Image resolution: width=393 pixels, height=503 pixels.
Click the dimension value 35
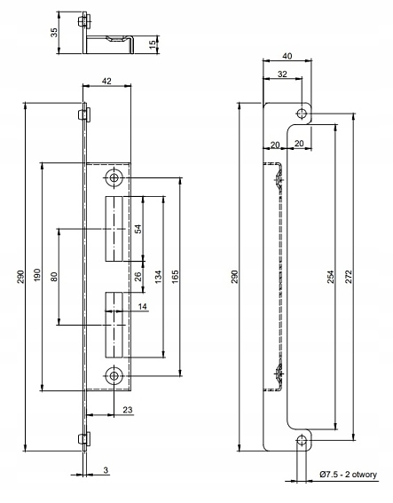click(54, 33)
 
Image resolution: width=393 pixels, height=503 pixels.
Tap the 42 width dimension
click(106, 81)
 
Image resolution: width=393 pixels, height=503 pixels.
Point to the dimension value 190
click(37, 276)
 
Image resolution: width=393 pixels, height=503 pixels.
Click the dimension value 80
click(54, 277)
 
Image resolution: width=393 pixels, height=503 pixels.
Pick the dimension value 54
click(138, 229)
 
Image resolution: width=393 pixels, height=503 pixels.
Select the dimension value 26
click(138, 276)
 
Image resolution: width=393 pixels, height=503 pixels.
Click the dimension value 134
click(158, 277)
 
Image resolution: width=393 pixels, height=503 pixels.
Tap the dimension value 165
click(175, 277)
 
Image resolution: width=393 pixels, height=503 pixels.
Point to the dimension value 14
click(143, 307)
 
